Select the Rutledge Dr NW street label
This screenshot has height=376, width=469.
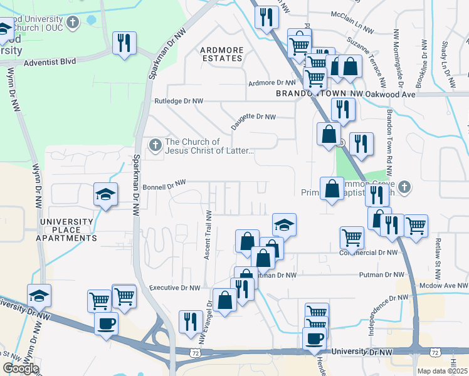(179, 101)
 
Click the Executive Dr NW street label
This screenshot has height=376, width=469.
(175, 288)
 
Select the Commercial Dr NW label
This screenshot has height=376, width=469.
(370, 253)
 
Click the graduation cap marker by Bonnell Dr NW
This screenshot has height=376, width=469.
(105, 194)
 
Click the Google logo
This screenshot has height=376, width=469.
(21, 368)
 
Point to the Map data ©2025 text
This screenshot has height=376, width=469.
(442, 371)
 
